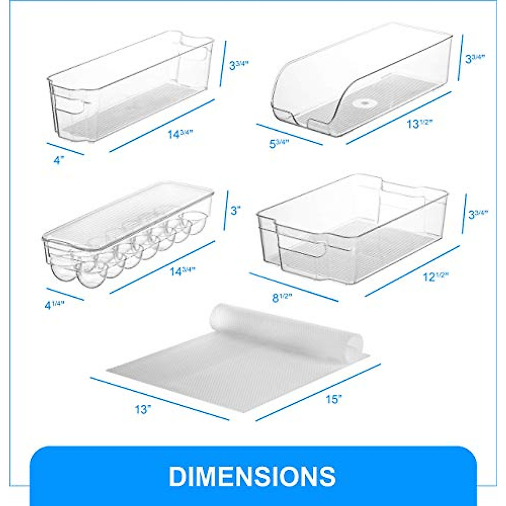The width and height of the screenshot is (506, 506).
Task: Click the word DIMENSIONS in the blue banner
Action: [252, 476]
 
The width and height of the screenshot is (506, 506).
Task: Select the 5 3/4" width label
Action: [279, 143]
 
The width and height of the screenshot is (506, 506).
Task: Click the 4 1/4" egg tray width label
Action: [54, 305]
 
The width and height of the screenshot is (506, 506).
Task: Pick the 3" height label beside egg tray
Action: [235, 210]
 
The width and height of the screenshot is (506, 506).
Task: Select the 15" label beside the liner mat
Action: [333, 399]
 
